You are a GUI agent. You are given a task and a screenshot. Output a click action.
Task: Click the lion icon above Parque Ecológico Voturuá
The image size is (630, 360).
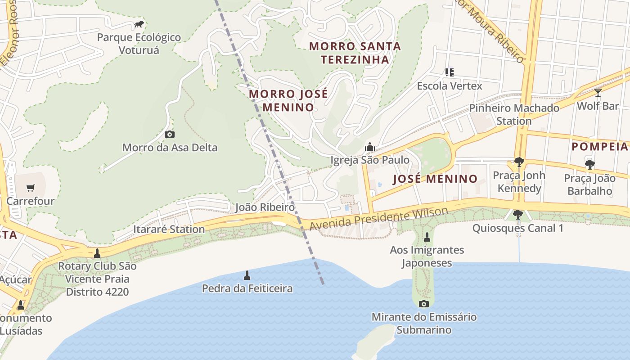(139, 24)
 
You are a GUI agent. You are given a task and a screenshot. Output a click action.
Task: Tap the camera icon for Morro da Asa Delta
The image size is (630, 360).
(170, 134)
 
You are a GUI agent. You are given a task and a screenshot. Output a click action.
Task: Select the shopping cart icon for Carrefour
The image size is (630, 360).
(30, 188)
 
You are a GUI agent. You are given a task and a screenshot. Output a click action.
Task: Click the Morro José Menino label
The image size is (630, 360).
(288, 100)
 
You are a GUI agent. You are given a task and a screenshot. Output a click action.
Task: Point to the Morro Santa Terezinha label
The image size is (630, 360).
(355, 53)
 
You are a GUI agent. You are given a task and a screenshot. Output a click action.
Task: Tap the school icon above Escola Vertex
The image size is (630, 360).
(449, 72)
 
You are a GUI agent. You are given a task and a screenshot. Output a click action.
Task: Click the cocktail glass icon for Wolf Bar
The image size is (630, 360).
(598, 93)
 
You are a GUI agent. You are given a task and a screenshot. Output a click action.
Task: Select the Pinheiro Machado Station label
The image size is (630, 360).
(514, 114)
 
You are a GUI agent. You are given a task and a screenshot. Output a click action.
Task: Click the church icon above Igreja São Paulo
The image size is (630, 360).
(370, 147)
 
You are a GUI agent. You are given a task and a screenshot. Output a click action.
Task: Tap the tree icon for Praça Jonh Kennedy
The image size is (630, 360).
(519, 162)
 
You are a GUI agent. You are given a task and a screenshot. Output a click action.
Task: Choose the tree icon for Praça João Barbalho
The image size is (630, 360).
(589, 165)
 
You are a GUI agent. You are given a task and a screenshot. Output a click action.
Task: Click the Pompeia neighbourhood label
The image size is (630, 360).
(600, 146)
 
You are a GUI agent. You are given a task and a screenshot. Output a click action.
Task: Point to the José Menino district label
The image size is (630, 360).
(435, 179)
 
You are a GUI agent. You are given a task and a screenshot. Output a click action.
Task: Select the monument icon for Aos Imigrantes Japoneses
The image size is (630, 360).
(427, 237)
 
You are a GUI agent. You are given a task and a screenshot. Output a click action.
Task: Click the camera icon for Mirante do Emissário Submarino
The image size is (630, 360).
(423, 304)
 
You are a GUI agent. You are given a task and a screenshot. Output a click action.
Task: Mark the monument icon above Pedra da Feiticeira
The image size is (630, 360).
(247, 275)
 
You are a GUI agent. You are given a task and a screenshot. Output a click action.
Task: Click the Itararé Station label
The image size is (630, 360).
(169, 229)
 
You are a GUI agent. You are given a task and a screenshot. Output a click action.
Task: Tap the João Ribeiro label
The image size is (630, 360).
(265, 207)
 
